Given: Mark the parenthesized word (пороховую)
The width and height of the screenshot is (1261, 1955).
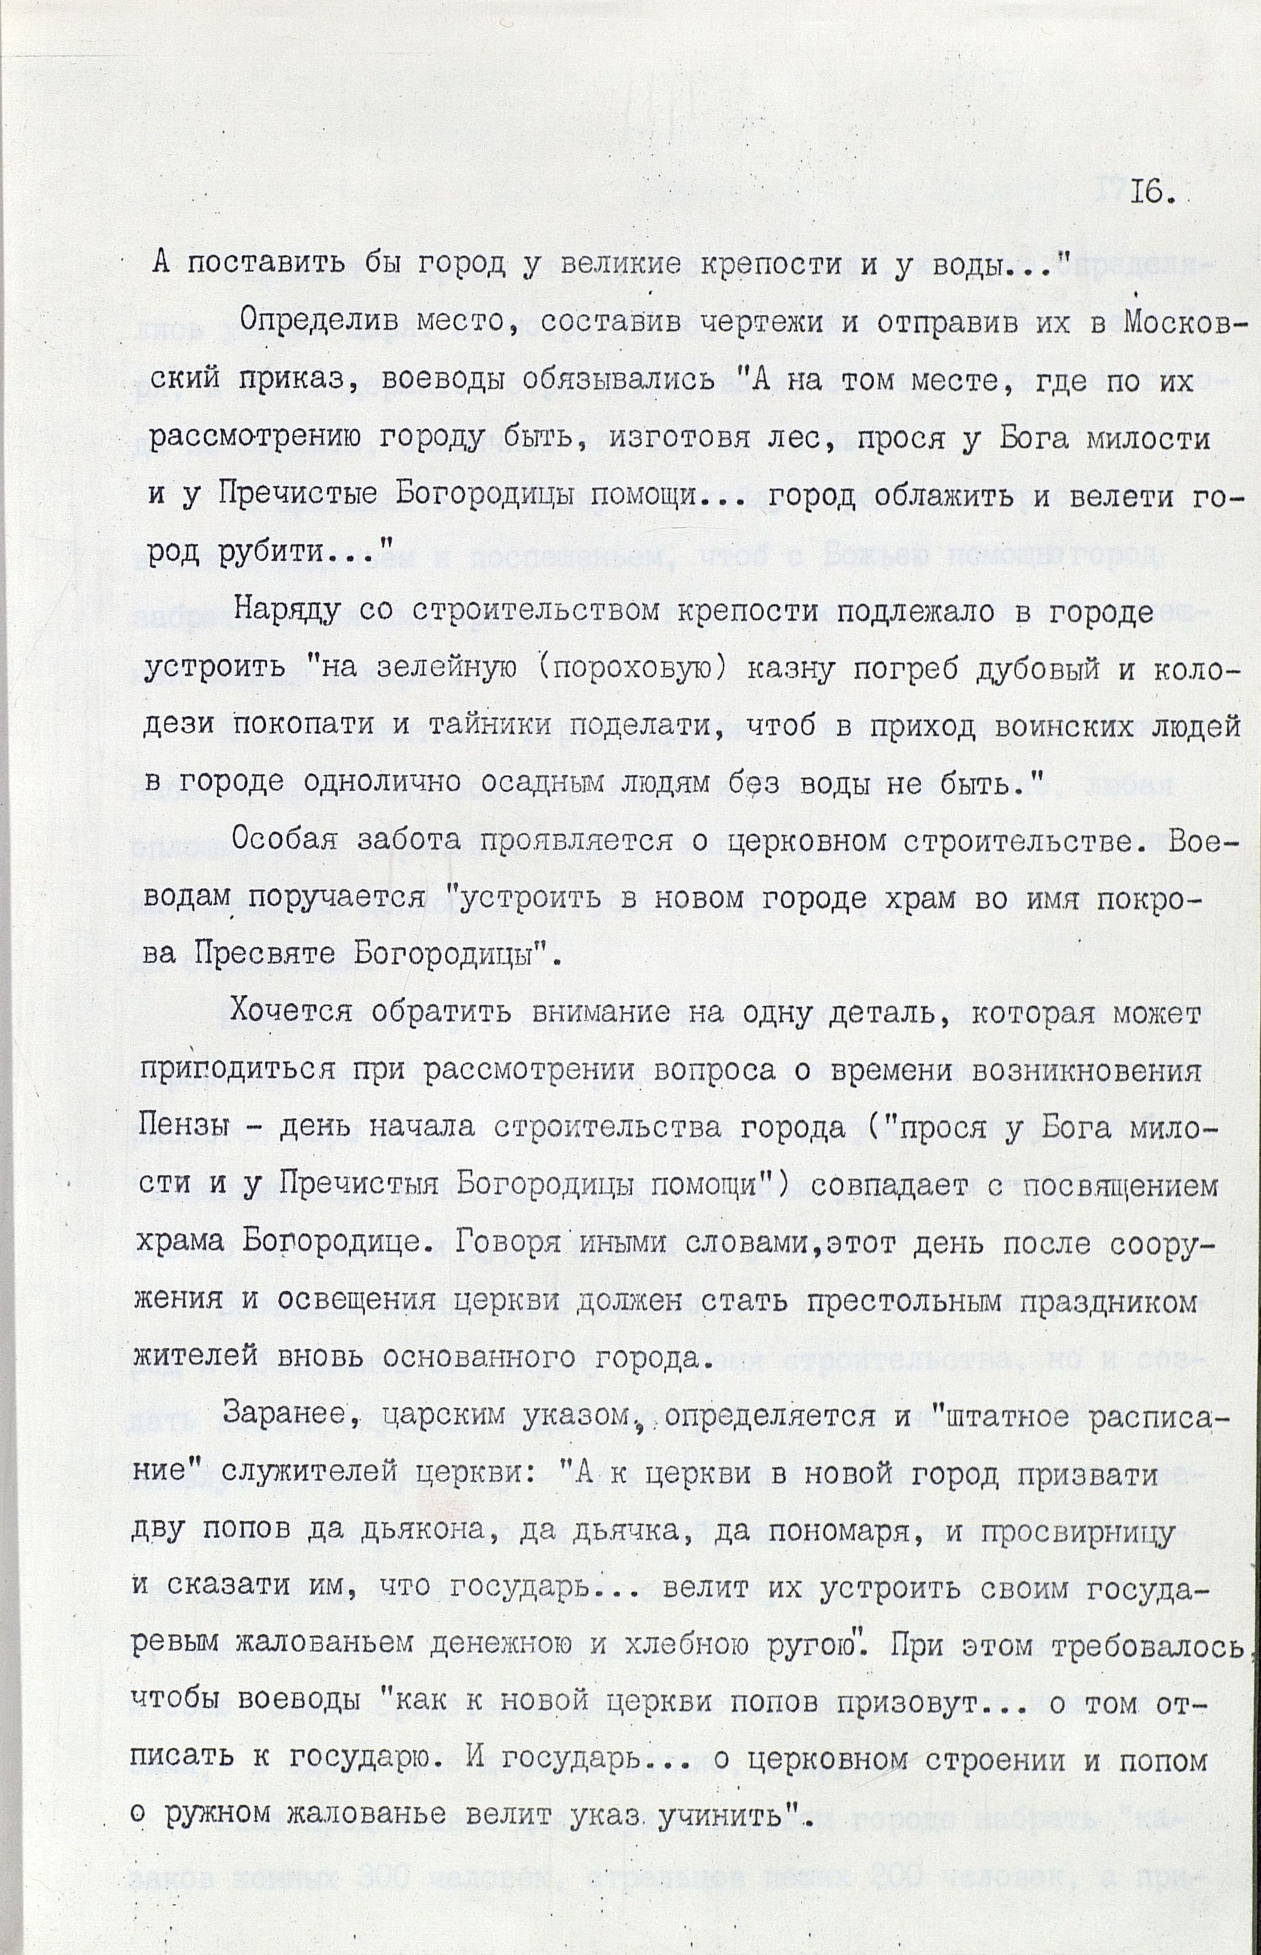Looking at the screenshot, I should tap(627, 670).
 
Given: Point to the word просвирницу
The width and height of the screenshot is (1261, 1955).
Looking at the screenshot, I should tap(1082, 1532).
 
